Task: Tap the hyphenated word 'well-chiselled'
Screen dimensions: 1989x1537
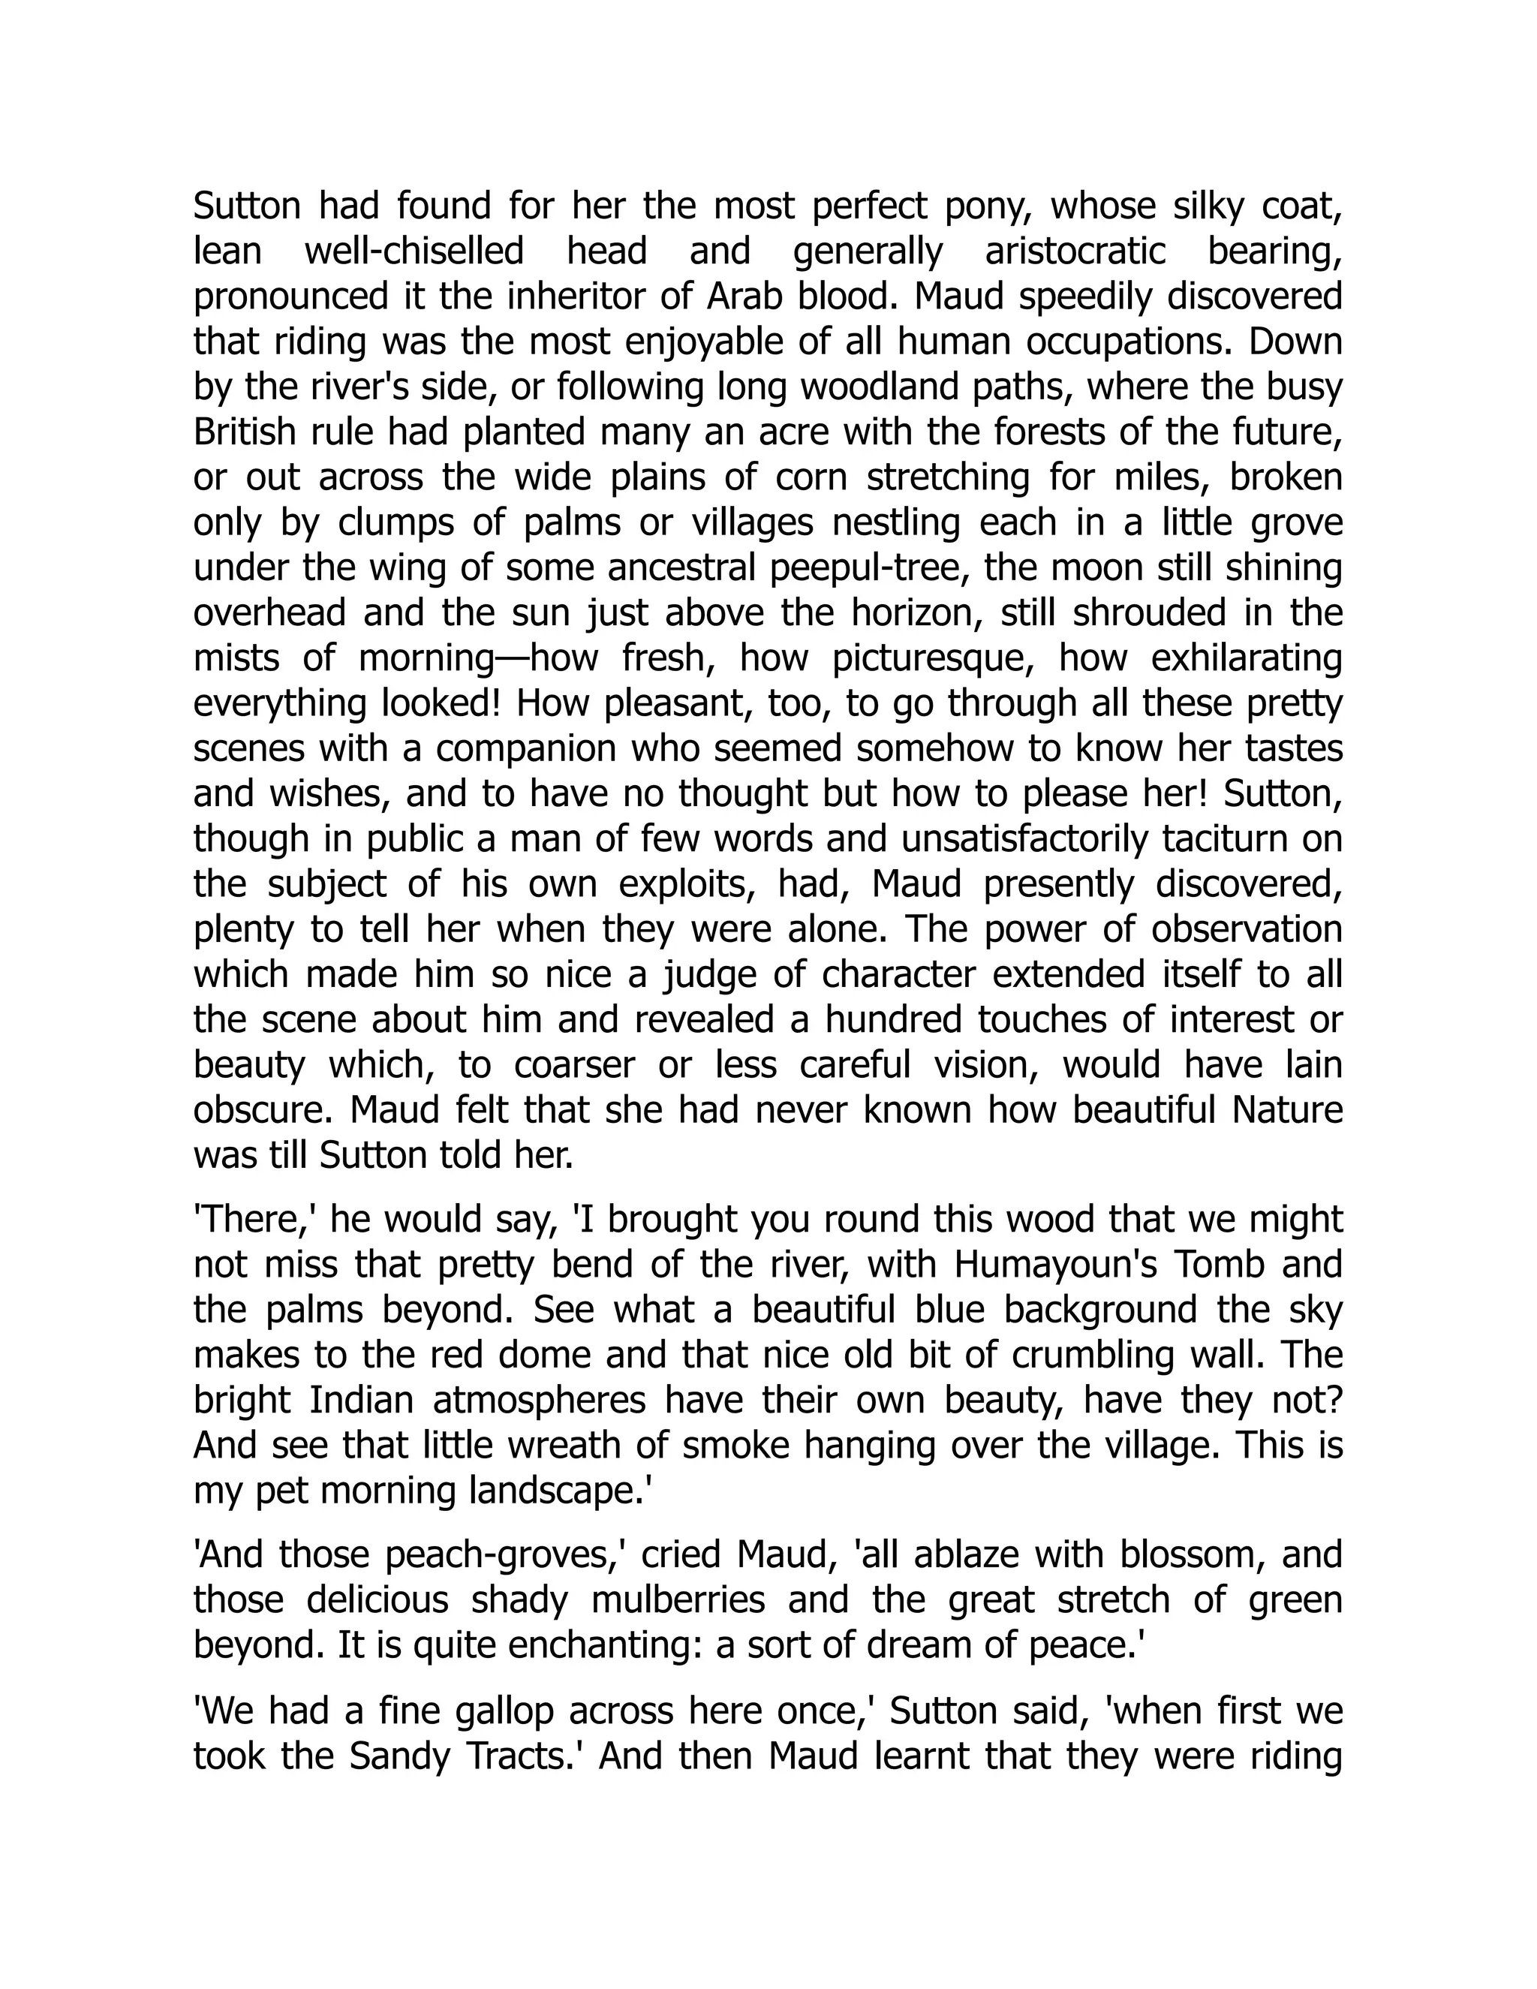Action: [x=414, y=251]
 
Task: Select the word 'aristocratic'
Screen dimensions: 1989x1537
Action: [x=1075, y=251]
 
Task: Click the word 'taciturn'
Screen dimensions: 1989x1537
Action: [x=1221, y=839]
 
